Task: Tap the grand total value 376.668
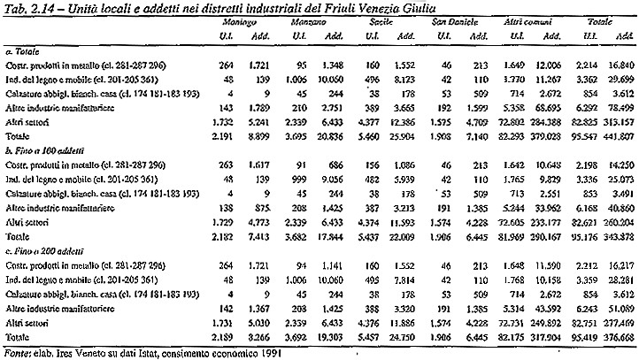614,338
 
